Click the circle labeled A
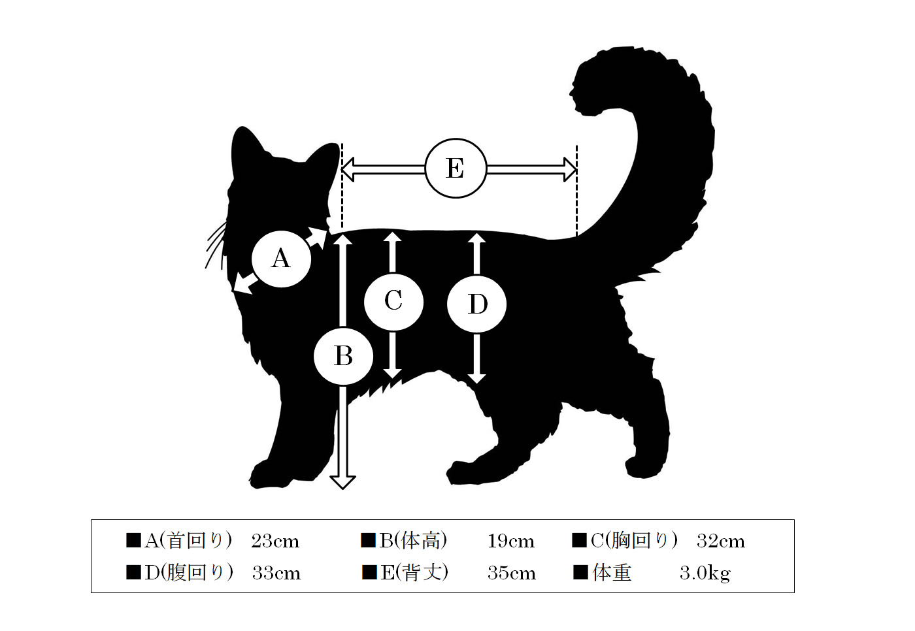click(281, 259)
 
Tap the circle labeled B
click(343, 356)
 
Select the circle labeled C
click(393, 301)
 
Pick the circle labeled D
click(476, 304)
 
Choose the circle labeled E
click(456, 168)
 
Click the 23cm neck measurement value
click(275, 542)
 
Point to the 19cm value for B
click(510, 542)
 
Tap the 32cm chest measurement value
click(720, 542)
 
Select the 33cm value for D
click(276, 573)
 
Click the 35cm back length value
click(511, 573)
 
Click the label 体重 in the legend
click(612, 573)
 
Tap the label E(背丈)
click(414, 573)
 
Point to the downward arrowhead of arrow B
click(342, 483)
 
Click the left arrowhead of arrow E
click(347, 169)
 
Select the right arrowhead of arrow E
click(570, 169)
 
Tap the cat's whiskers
click(216, 245)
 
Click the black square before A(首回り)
click(133, 540)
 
